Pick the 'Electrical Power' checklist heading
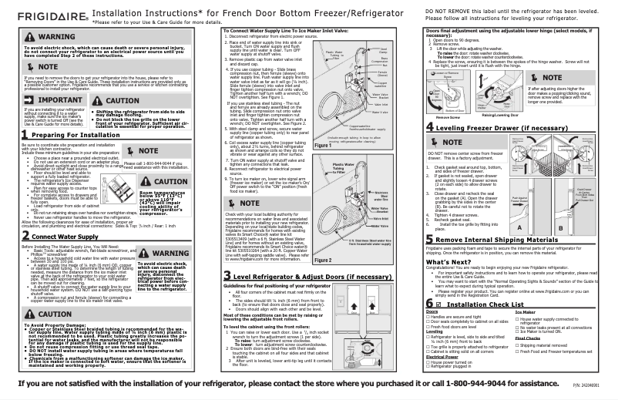coord(446,355)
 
